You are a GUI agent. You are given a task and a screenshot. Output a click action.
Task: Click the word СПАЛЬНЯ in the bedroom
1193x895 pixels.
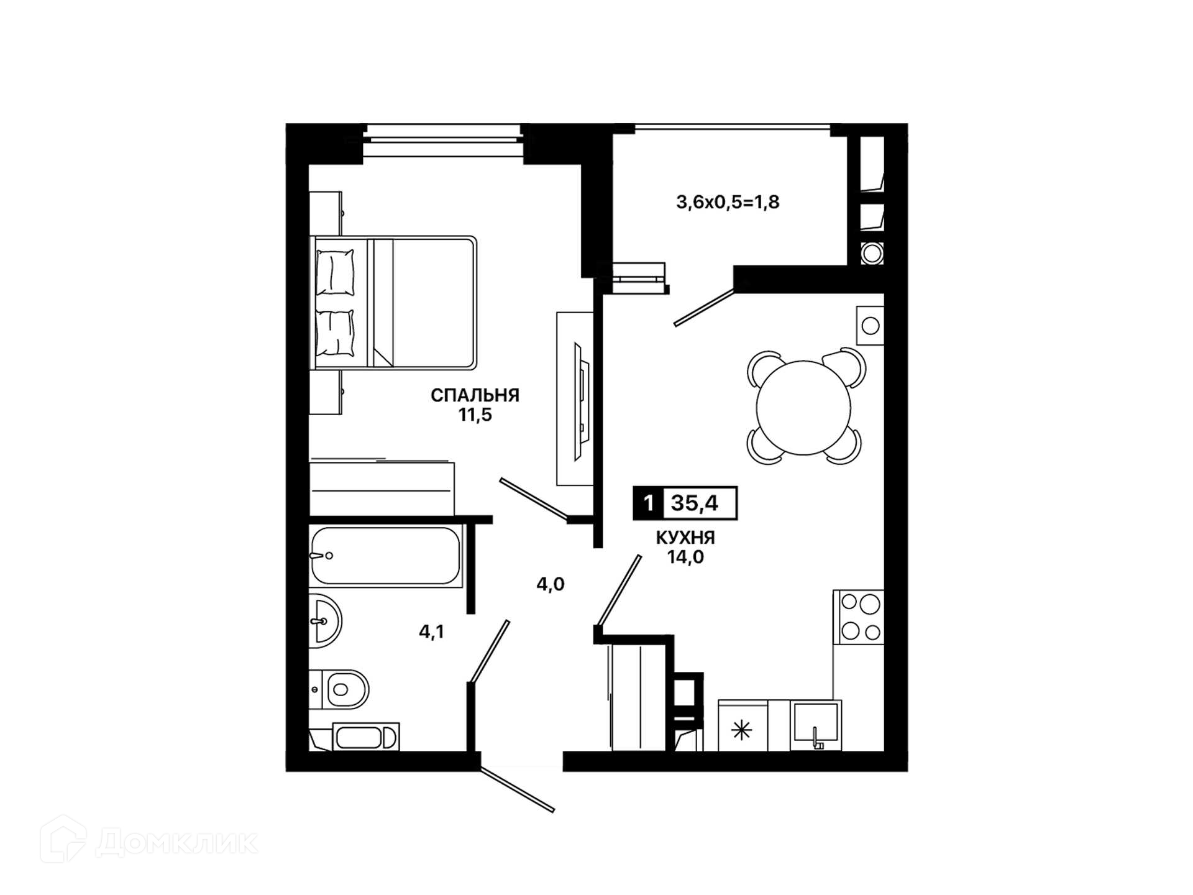(475, 395)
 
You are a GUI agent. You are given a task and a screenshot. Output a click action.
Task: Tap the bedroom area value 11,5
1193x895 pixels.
(475, 415)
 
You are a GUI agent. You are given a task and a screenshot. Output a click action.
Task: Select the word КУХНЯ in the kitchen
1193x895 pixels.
(685, 537)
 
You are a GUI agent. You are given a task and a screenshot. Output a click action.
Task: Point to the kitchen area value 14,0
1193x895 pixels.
(685, 557)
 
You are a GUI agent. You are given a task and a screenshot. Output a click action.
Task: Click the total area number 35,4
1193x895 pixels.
(694, 503)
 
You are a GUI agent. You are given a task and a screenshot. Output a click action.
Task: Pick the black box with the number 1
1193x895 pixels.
(648, 503)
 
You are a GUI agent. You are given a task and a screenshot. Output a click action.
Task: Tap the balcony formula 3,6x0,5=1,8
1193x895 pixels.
(728, 202)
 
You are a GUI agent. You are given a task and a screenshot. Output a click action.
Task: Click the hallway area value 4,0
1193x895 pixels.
(551, 584)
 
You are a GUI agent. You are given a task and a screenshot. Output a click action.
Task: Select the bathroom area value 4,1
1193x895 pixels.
(431, 632)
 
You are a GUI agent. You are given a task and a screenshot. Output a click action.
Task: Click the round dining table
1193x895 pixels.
(804, 408)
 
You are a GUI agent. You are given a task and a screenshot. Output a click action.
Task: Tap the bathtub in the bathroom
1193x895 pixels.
(386, 556)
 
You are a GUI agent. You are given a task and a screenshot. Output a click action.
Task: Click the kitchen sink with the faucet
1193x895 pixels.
(816, 725)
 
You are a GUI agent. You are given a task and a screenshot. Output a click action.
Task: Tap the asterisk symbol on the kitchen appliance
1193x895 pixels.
(742, 730)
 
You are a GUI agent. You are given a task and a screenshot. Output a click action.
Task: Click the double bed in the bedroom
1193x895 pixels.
(394, 303)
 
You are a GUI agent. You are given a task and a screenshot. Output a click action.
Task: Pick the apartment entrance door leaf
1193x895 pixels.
(517, 790)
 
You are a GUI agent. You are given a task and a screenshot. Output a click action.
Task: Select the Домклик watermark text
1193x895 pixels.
(176, 842)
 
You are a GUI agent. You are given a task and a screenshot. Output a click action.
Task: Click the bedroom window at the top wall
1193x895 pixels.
(442, 134)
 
